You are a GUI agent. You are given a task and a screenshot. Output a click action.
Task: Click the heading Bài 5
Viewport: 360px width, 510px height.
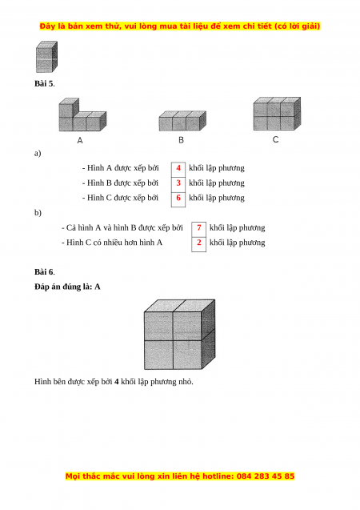[x=45, y=83]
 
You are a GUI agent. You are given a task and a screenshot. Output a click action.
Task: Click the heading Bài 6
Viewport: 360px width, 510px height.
[x=45, y=272]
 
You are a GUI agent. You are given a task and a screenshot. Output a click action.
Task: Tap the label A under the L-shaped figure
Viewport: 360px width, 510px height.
[x=80, y=141]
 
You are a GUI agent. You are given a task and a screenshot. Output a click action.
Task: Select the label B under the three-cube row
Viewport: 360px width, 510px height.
[x=181, y=140]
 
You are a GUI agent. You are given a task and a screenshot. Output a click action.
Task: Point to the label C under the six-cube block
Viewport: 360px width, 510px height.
[x=275, y=139]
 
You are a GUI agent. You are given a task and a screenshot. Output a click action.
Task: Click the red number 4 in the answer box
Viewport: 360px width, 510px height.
[x=178, y=168]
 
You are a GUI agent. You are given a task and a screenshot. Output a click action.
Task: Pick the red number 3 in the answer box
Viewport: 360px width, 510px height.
[x=178, y=183]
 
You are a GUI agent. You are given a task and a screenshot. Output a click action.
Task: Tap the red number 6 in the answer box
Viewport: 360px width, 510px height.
[x=178, y=198]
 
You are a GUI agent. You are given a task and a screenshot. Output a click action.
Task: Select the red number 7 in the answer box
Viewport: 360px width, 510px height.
[x=199, y=227]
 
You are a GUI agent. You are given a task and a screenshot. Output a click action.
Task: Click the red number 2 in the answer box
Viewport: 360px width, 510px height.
[x=199, y=243]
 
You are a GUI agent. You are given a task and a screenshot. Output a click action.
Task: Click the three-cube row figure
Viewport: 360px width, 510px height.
[x=182, y=121]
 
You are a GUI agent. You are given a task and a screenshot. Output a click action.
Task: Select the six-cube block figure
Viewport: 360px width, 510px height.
[x=277, y=114]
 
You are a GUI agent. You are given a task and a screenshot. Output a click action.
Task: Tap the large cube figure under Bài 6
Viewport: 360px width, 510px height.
[x=180, y=335]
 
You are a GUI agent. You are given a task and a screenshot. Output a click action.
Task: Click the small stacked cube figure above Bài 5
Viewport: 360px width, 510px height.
[x=46, y=57]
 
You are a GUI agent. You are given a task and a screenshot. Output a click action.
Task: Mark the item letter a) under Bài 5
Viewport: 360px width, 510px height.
[x=38, y=153]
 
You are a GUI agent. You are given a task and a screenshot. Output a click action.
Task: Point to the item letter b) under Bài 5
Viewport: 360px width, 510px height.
[x=38, y=213]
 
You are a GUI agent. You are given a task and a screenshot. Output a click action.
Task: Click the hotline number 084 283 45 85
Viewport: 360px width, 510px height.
[x=266, y=476]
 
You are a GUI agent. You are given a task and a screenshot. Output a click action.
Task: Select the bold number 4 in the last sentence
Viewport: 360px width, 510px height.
[x=116, y=382]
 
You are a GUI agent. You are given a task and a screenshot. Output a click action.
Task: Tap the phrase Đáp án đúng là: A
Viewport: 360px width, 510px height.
[x=67, y=287]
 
